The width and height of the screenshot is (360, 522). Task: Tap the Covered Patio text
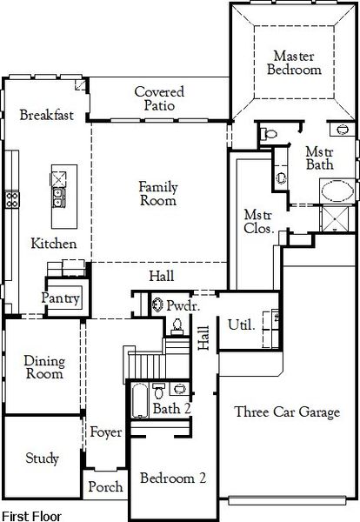pyautogui.click(x=157, y=97)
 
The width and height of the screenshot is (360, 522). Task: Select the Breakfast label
pyautogui.click(x=46, y=115)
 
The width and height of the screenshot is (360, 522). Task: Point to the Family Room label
pyautogui.click(x=157, y=192)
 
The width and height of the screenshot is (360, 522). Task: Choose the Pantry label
pyautogui.click(x=62, y=299)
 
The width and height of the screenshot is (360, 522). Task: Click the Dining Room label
pyautogui.click(x=43, y=367)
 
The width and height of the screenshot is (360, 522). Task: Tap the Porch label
pyautogui.click(x=105, y=487)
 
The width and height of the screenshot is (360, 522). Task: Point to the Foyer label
pyautogui.click(x=105, y=432)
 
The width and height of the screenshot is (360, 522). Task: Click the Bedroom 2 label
pyautogui.click(x=173, y=478)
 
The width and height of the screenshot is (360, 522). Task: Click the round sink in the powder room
pyautogui.click(x=157, y=305)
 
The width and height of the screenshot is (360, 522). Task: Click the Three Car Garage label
pyautogui.click(x=287, y=412)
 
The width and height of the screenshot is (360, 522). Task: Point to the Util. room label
pyautogui.click(x=241, y=325)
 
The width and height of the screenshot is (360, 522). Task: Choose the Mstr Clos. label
pyautogui.click(x=260, y=222)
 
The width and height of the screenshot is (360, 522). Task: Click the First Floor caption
pyautogui.click(x=32, y=515)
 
